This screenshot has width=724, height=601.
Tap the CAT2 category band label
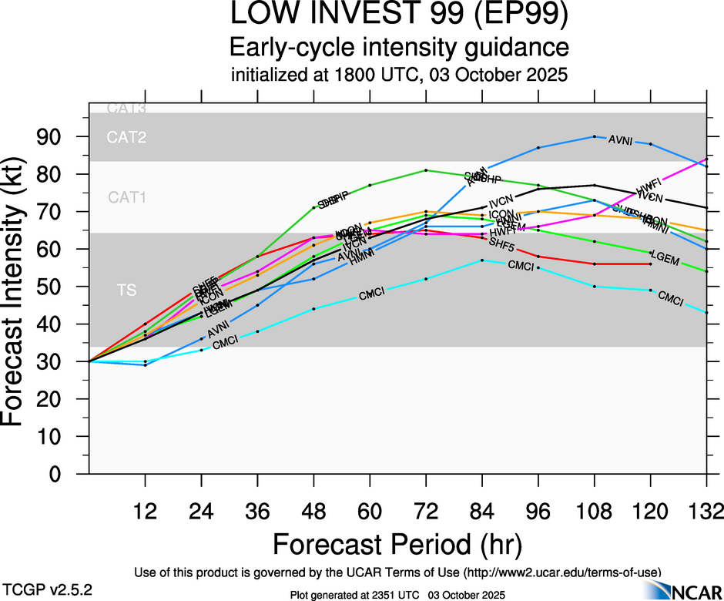click(x=127, y=138)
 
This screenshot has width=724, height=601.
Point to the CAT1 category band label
click(x=127, y=198)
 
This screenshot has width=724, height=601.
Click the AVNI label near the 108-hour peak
click(x=621, y=140)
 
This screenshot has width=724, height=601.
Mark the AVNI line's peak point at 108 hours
click(x=595, y=136)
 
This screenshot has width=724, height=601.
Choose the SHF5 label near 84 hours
click(x=501, y=243)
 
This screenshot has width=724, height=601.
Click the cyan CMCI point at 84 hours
click(x=482, y=260)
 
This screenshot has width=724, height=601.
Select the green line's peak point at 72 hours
click(x=426, y=170)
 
